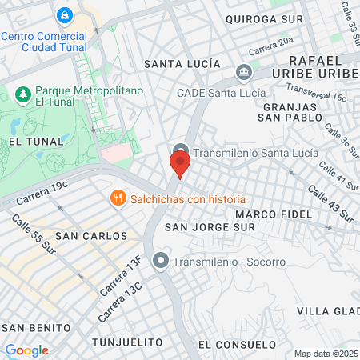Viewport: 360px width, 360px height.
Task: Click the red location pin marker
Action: coord(180,166)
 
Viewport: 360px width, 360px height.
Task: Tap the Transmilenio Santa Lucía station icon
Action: coord(180,153)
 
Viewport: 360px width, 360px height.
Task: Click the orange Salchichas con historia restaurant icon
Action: coord(118,198)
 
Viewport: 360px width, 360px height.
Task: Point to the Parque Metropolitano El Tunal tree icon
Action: coord(23,96)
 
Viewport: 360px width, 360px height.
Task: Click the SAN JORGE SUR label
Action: coord(209,228)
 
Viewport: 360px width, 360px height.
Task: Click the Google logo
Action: coord(26,350)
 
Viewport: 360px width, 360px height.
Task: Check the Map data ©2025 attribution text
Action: coord(325,354)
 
